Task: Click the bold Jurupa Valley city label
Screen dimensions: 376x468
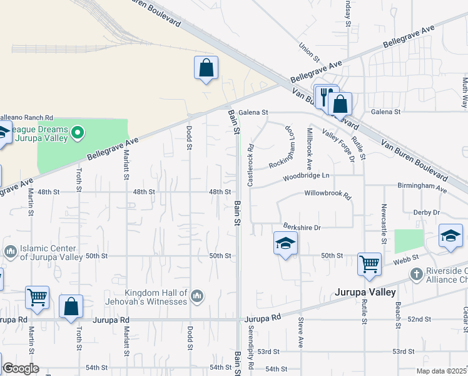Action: [365, 293]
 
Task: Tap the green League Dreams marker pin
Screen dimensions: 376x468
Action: [78, 132]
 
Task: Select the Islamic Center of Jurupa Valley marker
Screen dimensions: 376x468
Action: [10, 251]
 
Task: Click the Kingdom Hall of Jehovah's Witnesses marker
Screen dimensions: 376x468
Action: [196, 295]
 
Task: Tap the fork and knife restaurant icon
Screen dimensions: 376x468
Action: [325, 96]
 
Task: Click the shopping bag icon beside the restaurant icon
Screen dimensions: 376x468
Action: [340, 103]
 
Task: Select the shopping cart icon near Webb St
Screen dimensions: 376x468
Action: [369, 264]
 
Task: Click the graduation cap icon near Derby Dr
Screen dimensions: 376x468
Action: [450, 236]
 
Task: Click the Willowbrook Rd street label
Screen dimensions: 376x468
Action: [328, 194]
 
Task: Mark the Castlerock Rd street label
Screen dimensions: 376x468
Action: [250, 165]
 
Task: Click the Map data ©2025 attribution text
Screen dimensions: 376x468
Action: [441, 371]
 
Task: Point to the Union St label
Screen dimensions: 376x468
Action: [309, 50]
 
